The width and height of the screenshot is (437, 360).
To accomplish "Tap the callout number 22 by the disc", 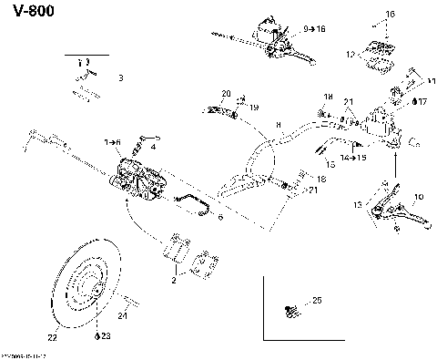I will click(x=52, y=337).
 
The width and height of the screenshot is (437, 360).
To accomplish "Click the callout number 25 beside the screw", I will click(x=317, y=300).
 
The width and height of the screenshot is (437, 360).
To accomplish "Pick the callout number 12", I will click(x=351, y=55).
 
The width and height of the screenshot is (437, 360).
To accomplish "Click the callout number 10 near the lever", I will click(x=418, y=197).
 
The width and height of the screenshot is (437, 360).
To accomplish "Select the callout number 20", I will click(x=226, y=94).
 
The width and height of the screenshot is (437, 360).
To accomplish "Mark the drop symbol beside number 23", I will click(x=97, y=336).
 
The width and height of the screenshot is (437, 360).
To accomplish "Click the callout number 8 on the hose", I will click(x=278, y=123).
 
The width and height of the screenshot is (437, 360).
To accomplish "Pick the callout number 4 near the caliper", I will click(x=154, y=146).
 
